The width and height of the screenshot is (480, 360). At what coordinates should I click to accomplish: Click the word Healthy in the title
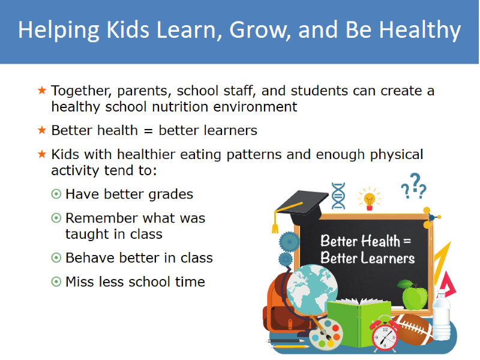tap(419, 31)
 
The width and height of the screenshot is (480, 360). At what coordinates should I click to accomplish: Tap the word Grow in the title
tap(260, 30)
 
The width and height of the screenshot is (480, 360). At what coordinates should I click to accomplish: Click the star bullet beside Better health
tap(41, 130)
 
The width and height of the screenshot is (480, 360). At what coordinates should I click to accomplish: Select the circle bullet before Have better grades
tap(56, 194)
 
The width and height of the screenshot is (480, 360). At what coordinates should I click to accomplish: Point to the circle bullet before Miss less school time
tap(56, 281)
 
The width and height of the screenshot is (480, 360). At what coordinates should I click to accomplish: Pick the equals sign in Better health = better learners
tap(148, 131)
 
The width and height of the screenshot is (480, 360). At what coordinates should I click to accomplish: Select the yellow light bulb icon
tap(370, 199)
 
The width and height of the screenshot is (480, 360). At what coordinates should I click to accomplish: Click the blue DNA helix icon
tap(338, 196)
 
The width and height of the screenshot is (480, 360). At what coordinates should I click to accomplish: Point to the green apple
tap(413, 295)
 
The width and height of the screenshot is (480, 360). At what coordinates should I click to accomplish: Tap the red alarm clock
tap(385, 334)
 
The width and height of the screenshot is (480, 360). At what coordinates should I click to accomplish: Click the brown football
tap(413, 329)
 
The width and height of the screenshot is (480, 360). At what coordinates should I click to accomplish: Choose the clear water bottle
tap(441, 316)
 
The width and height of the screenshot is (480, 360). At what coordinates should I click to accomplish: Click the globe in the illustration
tap(312, 290)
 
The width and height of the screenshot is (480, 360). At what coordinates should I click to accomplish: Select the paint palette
tap(326, 334)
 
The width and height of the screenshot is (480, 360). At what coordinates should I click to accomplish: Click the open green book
tap(359, 323)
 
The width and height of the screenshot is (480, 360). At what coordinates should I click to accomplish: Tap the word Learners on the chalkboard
tap(388, 258)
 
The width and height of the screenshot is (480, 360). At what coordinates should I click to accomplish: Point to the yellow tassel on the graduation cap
tap(275, 222)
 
